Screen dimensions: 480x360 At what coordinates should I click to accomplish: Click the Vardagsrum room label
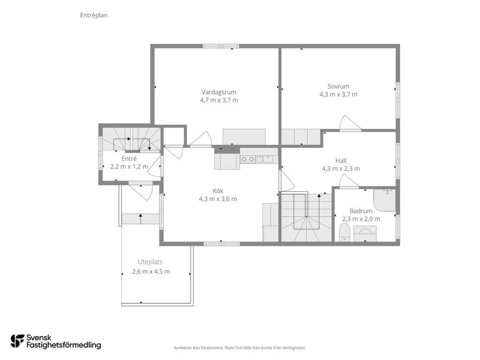pos(219,92)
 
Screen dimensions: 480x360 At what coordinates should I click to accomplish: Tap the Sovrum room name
pos(338,86)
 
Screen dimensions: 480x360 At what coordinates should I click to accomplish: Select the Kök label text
pos(218,191)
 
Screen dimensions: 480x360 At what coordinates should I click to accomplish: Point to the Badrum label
pos(361,211)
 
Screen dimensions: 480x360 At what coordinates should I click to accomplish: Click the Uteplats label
pos(150,262)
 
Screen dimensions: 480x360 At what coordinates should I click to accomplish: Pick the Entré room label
pos(129,158)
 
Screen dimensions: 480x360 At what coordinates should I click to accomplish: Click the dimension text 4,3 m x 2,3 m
pos(341,169)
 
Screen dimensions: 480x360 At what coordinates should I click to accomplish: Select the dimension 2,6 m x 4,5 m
pos(151,271)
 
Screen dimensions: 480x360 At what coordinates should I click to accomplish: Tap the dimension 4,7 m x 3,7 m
pos(219,100)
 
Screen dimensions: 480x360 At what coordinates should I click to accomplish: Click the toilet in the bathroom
pos(345,232)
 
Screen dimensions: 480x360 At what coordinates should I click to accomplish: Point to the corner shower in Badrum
pos(384,200)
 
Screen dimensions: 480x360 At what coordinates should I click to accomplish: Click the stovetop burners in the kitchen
pos(247,159)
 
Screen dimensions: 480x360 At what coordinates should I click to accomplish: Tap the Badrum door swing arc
pos(349,180)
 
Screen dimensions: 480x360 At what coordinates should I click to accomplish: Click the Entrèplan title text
pos(94,15)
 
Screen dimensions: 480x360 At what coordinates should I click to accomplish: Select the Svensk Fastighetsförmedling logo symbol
pos(17,341)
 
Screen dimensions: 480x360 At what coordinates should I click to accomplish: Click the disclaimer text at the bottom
pos(240,348)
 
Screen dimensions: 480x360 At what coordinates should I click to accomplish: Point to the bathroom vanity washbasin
pos(365,233)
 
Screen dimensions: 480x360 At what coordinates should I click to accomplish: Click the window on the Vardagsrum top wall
pos(221,46)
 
